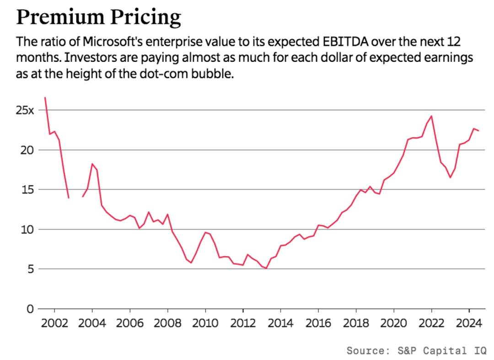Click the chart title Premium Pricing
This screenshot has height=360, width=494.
coord(99,17)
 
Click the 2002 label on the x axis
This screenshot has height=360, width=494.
coord(54,323)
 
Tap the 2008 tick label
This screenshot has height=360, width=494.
coord(167,323)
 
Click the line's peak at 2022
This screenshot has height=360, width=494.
coord(431,116)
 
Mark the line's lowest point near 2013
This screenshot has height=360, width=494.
coord(266,268)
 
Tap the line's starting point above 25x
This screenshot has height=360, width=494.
coord(45,97)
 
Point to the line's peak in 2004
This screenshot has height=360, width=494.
coord(92,164)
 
